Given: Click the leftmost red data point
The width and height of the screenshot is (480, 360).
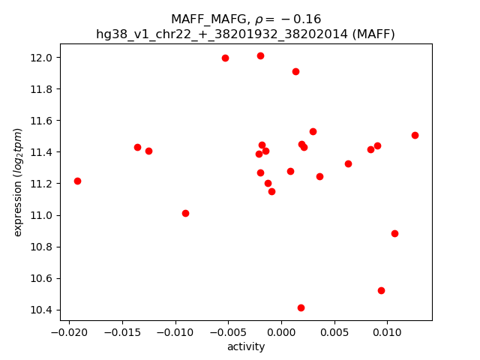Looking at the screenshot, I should tap(77, 181).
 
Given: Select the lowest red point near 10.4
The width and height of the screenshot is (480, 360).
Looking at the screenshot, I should tap(301, 307).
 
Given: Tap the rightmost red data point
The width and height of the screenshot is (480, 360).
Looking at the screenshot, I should tap(415, 135).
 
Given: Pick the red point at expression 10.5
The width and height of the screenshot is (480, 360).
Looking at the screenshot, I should tap(381, 290).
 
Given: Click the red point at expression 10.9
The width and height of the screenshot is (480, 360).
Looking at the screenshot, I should tap(394, 233).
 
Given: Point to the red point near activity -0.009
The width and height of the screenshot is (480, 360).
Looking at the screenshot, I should tap(185, 213).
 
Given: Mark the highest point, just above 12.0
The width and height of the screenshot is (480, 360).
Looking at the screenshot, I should tap(260, 55).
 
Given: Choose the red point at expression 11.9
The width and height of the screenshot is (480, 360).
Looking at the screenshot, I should tap(295, 71).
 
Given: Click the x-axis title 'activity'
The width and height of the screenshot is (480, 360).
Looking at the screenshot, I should tap(246, 346).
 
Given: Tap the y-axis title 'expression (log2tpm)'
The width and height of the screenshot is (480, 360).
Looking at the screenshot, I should tap(19, 182).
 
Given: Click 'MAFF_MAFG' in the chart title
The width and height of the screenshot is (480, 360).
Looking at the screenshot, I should tap(205, 19).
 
